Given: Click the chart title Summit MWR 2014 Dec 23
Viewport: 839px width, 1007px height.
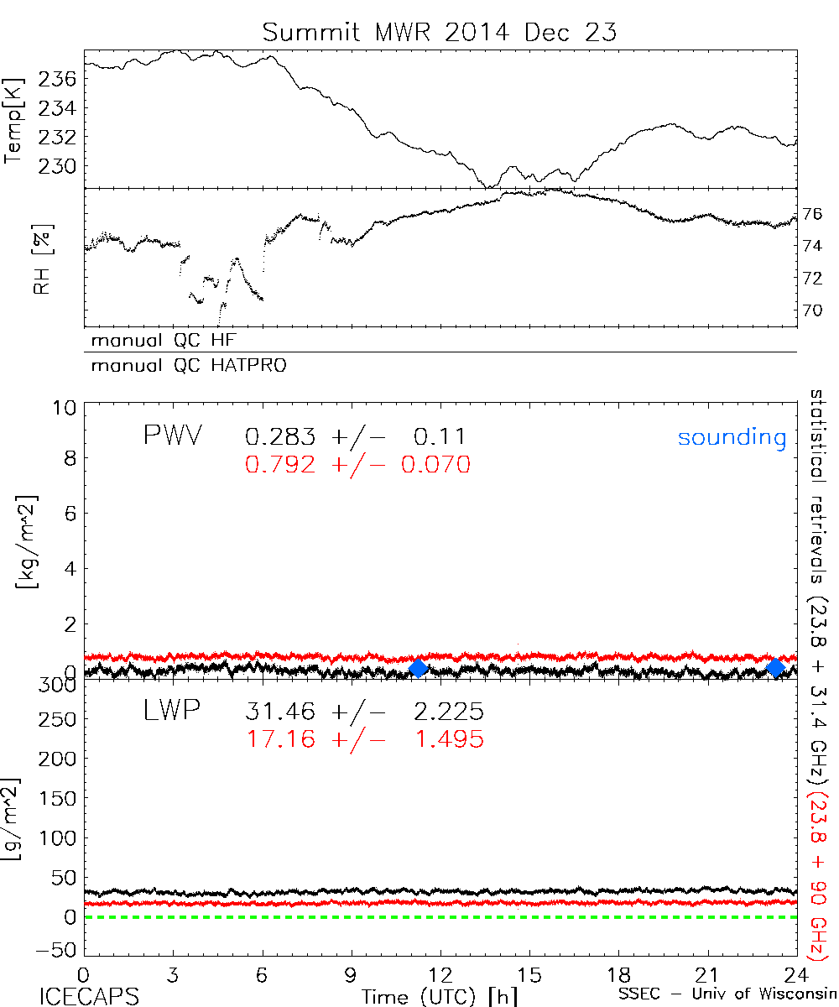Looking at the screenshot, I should coord(440,32).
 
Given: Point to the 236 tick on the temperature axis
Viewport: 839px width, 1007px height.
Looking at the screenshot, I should coord(58,79).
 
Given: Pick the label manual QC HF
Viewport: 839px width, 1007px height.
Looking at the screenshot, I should coord(170,341).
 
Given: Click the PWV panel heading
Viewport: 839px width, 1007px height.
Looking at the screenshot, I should coord(173,436).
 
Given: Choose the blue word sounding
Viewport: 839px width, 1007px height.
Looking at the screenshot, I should coord(732,436).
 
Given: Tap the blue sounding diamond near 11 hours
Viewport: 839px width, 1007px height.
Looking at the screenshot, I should coord(418,668).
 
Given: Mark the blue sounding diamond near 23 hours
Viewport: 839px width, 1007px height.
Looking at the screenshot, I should coord(775,668).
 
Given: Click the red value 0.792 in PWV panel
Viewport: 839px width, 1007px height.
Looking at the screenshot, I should coord(280,464).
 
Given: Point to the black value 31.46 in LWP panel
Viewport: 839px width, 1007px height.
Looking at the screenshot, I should coord(280,712).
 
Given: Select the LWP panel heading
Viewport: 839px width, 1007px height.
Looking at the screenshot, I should coord(170,712).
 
